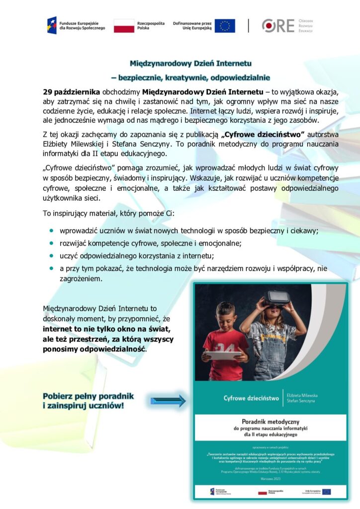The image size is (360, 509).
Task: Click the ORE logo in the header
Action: point(278,25)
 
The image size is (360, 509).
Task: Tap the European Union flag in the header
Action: point(225,25)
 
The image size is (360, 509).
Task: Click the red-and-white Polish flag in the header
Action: point(124,25)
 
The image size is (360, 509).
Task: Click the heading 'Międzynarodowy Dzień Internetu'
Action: point(190,64)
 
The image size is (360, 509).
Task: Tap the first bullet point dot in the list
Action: point(51,231)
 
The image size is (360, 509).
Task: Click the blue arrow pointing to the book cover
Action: point(168,401)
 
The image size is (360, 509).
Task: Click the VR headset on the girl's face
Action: point(276,298)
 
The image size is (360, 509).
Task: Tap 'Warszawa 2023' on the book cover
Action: point(271,477)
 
